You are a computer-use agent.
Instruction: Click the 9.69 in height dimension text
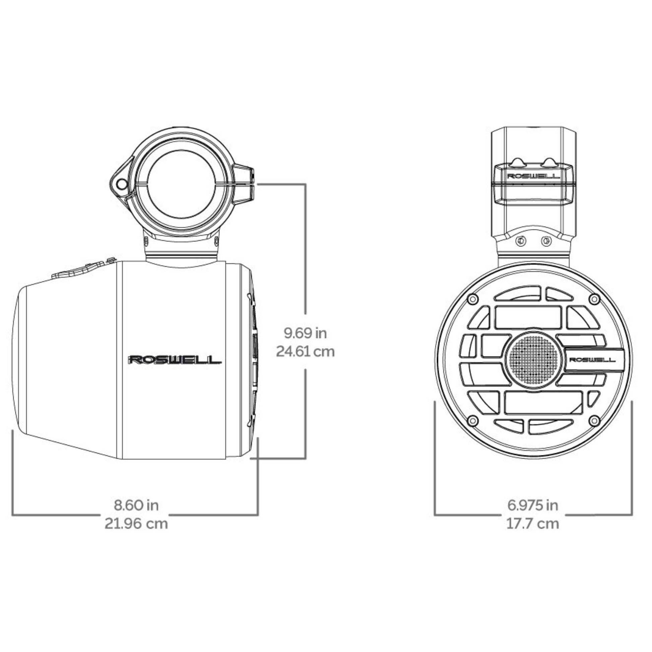click(x=306, y=333)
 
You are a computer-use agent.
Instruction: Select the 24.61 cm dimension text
click(x=306, y=352)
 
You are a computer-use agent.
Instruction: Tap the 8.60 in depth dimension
click(x=136, y=505)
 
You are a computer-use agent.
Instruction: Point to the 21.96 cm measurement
click(x=136, y=523)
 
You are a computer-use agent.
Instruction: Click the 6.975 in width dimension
click(x=533, y=505)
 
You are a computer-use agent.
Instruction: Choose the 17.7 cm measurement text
click(x=533, y=523)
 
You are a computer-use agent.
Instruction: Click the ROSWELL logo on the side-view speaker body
click(x=175, y=360)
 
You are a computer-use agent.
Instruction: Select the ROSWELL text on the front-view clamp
click(x=533, y=176)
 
